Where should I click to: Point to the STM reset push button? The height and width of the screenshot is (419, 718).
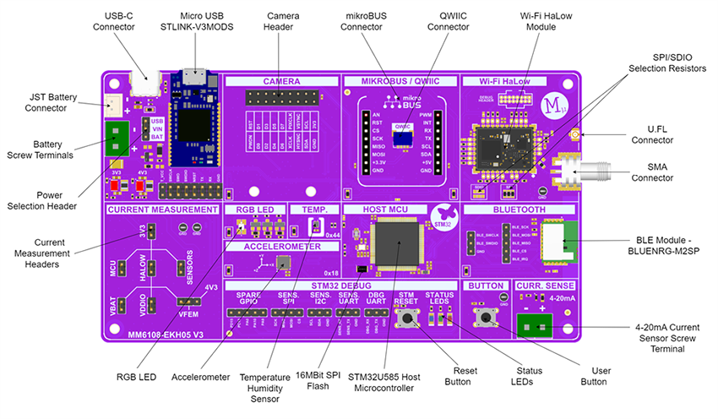click(411, 318)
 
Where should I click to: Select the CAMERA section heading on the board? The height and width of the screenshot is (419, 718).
click(281, 81)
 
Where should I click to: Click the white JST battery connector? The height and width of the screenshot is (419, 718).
click(114, 104)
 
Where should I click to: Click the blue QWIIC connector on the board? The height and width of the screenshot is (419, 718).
click(403, 135)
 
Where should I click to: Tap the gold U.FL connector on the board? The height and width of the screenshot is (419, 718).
click(573, 134)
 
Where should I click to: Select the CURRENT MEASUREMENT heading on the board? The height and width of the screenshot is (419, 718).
click(160, 209)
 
